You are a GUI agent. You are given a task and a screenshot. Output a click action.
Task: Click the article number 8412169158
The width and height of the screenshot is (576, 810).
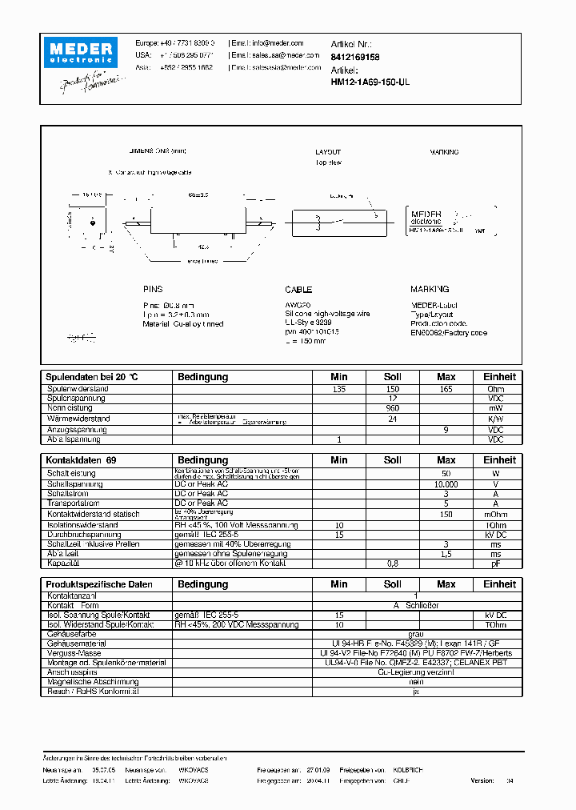(355, 58)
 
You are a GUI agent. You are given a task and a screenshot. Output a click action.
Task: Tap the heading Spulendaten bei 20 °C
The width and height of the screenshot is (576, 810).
(92, 376)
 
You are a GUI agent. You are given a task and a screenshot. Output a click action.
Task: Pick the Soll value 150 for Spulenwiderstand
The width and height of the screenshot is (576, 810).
(392, 389)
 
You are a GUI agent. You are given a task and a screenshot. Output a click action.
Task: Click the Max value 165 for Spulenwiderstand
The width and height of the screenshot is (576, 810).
(446, 389)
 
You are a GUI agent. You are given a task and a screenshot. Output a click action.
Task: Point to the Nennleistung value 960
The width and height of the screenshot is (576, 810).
(392, 408)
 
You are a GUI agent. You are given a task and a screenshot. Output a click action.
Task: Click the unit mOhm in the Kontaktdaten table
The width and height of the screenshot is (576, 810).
(497, 515)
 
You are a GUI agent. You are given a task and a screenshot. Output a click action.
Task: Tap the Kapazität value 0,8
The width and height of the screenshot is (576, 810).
(392, 563)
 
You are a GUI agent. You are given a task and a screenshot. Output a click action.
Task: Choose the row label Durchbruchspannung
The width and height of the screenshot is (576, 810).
(83, 534)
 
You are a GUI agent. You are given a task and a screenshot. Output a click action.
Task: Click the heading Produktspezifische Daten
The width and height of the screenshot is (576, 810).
(99, 584)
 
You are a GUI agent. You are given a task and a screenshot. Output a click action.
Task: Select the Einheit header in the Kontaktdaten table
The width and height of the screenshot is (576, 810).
(499, 460)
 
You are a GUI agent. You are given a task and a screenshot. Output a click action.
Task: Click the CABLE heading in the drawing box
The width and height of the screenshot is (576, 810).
(298, 290)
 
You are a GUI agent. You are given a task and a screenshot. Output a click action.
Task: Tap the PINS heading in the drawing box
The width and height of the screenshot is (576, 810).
(152, 290)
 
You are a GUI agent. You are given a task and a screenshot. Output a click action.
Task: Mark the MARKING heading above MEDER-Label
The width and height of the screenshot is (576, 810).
(430, 290)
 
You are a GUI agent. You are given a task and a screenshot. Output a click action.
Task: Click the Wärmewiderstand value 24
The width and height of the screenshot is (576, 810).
(392, 419)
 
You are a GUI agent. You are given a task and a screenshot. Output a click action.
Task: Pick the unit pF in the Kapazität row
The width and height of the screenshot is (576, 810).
(497, 563)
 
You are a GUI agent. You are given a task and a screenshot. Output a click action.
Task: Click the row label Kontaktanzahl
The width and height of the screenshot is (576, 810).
(72, 595)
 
